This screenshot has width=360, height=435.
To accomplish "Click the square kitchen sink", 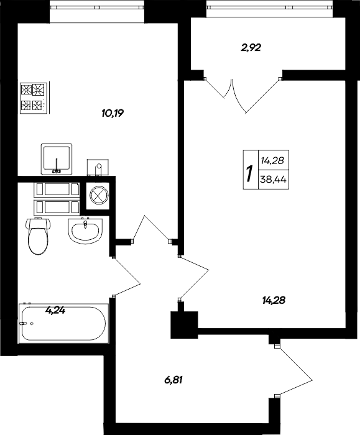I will (x=57, y=158).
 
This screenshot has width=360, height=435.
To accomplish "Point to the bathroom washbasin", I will (x=84, y=232).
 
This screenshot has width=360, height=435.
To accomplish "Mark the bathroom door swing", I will (x=127, y=277).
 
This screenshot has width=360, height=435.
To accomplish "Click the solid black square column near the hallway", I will (x=183, y=324).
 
